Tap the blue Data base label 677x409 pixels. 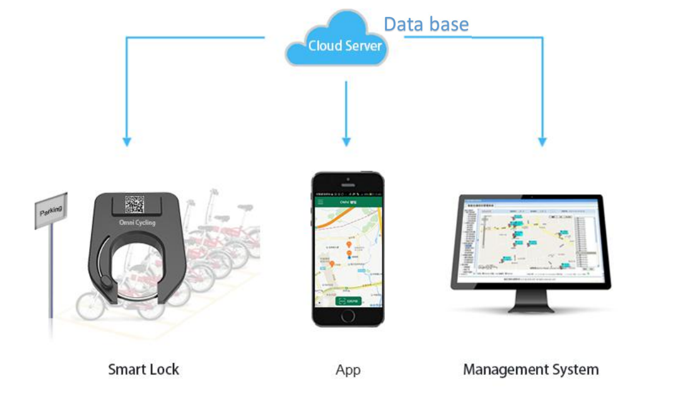click(426, 24)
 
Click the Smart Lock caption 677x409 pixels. click(144, 369)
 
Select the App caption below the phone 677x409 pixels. click(348, 370)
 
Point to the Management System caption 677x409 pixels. click(530, 369)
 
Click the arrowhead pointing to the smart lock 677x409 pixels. click(127, 142)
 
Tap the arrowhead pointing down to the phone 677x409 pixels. click(346, 142)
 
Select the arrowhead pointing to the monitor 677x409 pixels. click(542, 142)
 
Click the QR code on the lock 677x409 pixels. click(134, 204)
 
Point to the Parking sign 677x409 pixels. click(51, 211)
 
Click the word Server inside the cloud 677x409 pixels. click(363, 46)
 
